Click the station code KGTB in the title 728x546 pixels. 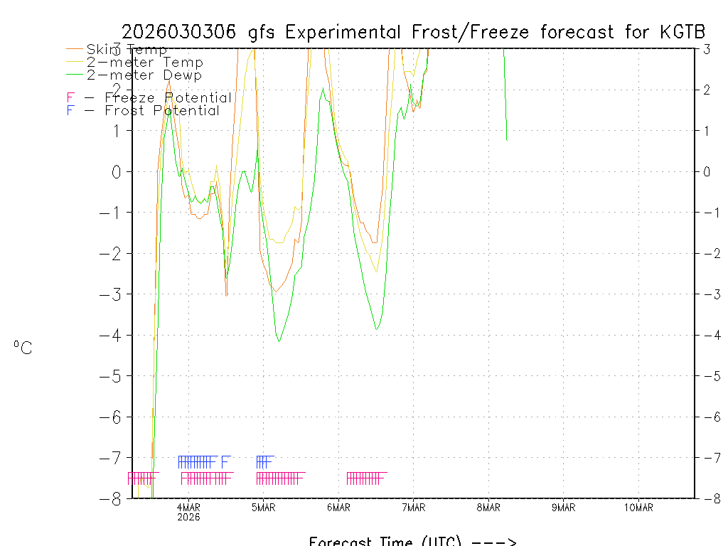click(x=682, y=32)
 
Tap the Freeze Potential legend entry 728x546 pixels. click(x=149, y=97)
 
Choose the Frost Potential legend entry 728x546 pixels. click(x=143, y=111)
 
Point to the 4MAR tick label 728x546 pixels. click(x=188, y=507)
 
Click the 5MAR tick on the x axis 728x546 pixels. click(x=263, y=507)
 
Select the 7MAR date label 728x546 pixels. click(x=413, y=507)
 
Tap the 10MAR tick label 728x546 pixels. click(x=638, y=507)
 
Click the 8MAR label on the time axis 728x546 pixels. click(x=488, y=507)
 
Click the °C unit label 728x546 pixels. click(x=23, y=348)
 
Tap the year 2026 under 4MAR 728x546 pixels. click(x=188, y=517)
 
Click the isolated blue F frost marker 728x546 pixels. click(x=225, y=461)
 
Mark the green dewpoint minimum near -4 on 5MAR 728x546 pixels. click(x=279, y=341)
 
